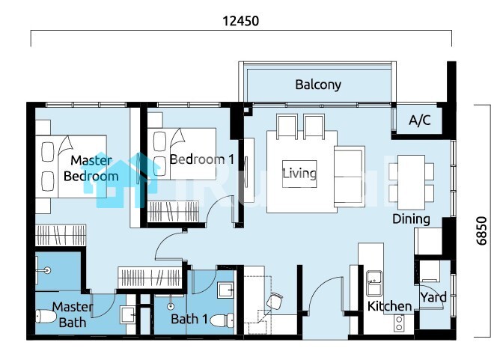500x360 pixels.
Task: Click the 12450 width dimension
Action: click(x=240, y=21)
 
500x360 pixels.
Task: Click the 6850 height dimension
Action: click(x=481, y=231)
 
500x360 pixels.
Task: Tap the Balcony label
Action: click(x=318, y=85)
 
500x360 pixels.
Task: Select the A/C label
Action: click(x=420, y=120)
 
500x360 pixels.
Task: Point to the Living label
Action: click(x=299, y=174)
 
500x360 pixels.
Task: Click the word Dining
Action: click(x=411, y=219)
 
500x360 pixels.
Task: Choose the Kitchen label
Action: click(x=389, y=306)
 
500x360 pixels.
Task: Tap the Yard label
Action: click(x=433, y=297)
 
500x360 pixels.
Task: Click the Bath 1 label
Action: click(x=189, y=319)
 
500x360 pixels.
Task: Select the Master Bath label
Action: click(x=73, y=315)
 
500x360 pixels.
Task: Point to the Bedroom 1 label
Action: click(x=202, y=159)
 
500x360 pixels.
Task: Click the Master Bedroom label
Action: click(x=91, y=168)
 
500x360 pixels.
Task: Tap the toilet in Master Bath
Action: click(x=46, y=316)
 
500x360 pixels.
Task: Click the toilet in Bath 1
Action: click(x=223, y=320)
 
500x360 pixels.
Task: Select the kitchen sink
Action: click(x=374, y=284)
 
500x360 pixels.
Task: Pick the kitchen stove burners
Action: click(x=399, y=323)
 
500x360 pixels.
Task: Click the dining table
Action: click(x=411, y=182)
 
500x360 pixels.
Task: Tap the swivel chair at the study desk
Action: click(x=275, y=302)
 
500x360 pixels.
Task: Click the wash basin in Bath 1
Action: click(x=226, y=290)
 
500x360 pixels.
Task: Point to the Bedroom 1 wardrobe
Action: click(x=174, y=211)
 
